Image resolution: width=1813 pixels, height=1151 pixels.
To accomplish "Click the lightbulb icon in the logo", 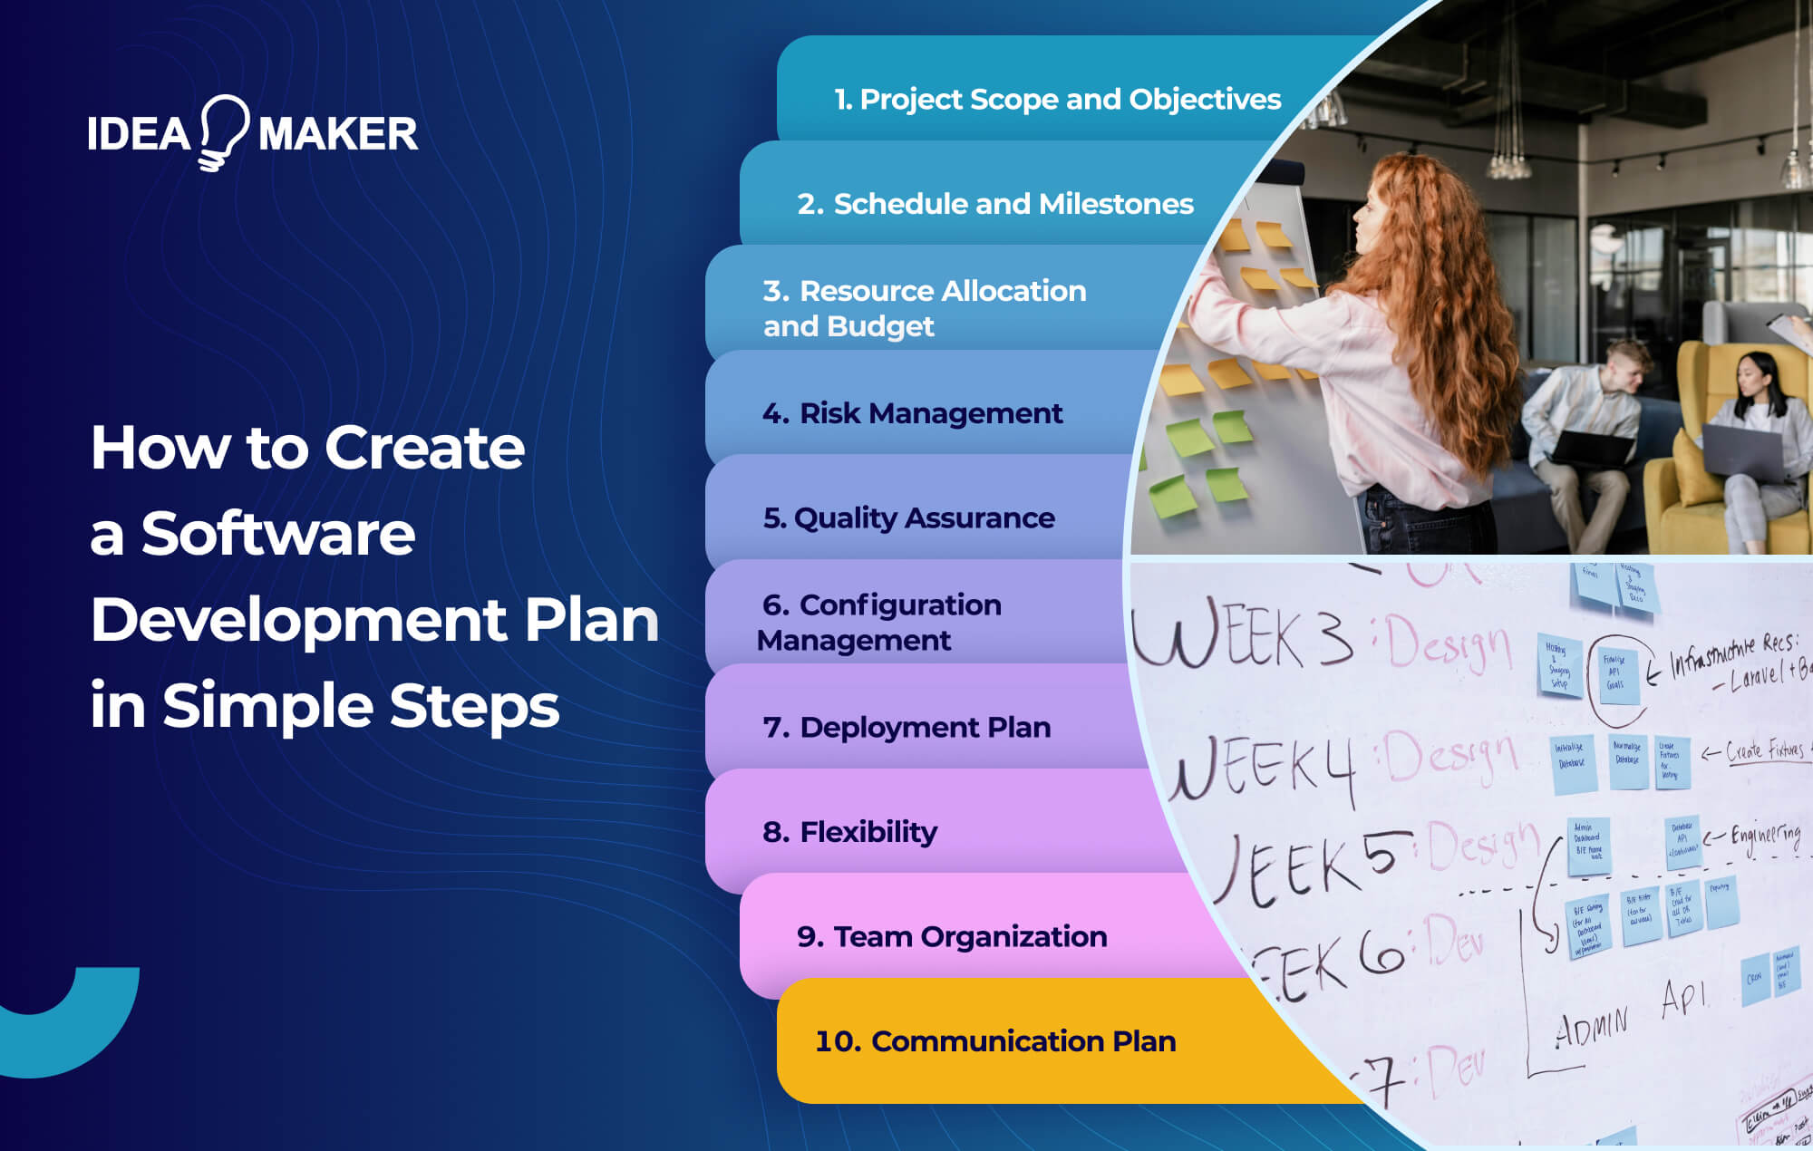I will pos(223,132).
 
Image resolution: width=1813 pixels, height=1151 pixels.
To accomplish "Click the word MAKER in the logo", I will pos(338,135).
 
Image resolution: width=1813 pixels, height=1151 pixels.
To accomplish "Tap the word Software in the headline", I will pos(278,534).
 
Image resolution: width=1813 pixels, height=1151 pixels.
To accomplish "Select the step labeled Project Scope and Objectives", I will pos(1057,99).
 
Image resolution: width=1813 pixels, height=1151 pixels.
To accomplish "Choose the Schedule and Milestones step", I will pos(995,204).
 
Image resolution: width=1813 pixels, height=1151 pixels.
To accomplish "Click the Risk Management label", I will pos(913,413).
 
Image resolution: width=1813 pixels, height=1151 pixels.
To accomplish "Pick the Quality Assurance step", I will pos(909,517).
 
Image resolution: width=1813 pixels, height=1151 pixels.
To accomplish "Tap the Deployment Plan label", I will pos(907,727).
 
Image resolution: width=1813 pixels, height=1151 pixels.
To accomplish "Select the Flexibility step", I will pos(850,831).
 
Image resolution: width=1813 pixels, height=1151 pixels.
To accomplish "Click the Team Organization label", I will pos(952,936).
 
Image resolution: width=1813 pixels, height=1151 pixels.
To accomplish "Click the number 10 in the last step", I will pos(838,1041).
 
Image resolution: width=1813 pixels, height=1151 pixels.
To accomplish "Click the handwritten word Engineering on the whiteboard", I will pos(1765,837).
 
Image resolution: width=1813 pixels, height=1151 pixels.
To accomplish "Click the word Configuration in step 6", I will pos(900,605).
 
